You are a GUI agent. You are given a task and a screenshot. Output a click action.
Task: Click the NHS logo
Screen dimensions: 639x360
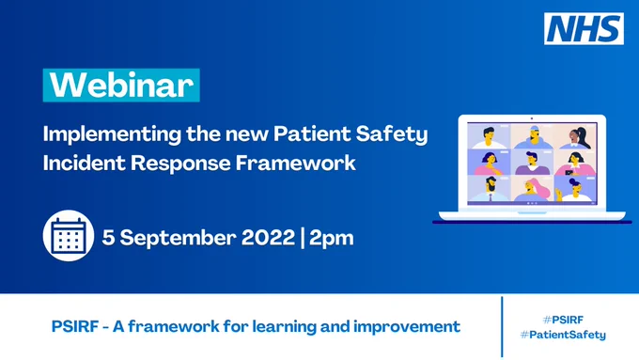tap(584, 28)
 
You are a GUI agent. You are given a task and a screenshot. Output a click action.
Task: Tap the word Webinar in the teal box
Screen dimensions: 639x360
tap(121, 86)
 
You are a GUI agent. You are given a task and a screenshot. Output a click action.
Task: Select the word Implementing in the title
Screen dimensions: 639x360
tap(112, 135)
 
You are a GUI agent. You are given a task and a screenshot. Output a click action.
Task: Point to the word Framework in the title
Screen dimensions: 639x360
tap(296, 163)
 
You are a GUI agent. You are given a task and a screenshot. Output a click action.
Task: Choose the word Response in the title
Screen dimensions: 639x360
tap(180, 164)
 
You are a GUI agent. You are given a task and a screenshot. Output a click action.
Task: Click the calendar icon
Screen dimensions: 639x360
tap(69, 236)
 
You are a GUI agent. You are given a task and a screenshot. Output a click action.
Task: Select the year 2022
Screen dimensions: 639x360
tap(268, 237)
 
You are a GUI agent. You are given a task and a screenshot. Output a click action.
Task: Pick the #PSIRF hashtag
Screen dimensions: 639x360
tap(563, 320)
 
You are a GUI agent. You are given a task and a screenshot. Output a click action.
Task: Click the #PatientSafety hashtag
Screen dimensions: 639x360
tap(563, 335)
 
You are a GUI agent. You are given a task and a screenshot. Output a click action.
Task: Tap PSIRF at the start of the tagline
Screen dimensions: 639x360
tap(75, 326)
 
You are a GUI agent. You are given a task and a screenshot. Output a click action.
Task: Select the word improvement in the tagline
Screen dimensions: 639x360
tap(407, 327)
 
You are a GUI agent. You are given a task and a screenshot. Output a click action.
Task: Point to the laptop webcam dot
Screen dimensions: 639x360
tap(532, 118)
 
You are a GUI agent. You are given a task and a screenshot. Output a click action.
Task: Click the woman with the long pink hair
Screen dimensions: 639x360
tap(532, 190)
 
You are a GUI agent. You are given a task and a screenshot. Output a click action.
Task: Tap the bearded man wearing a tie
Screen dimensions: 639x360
tap(490, 190)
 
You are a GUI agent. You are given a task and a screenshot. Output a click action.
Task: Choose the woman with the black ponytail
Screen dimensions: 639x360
tap(577, 138)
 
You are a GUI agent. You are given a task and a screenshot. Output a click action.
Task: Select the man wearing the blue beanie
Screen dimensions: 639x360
tap(532, 137)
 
